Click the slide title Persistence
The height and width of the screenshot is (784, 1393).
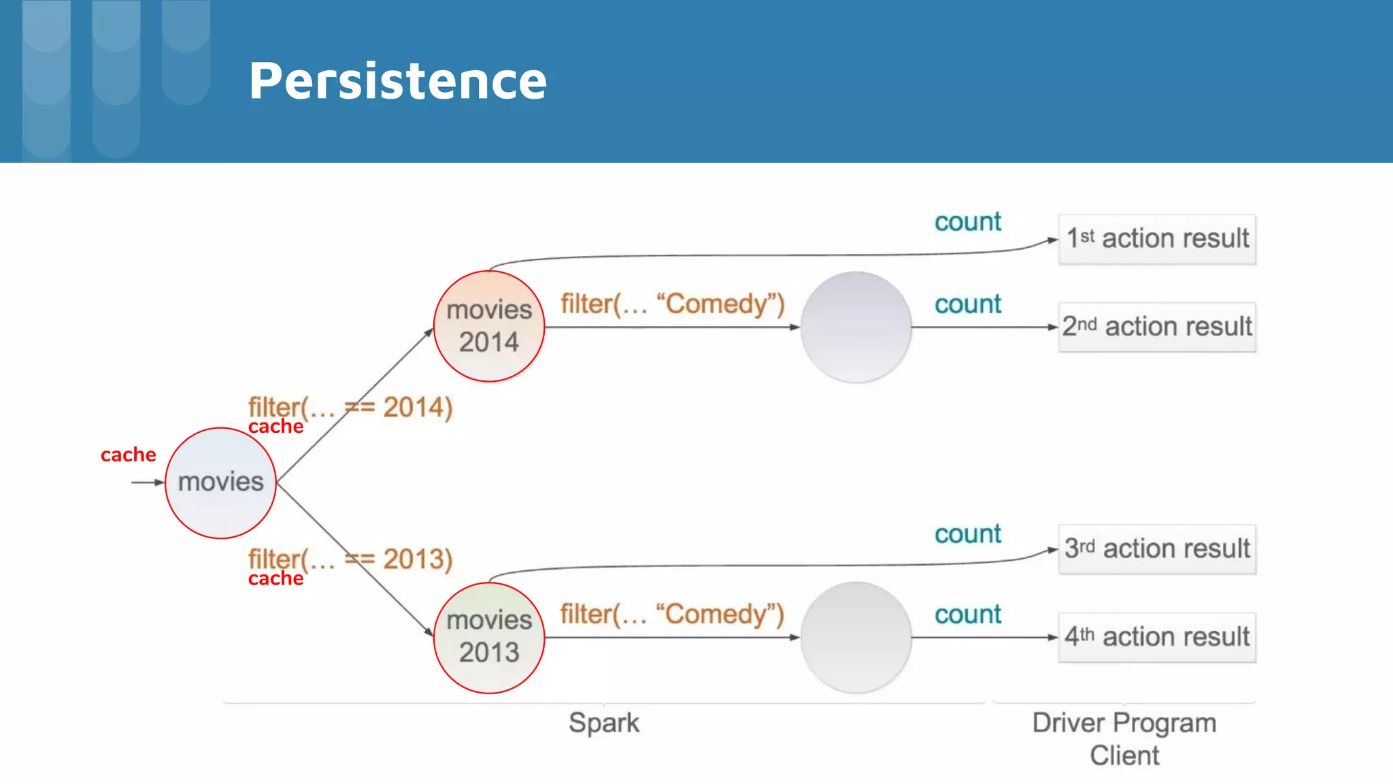coord(398,81)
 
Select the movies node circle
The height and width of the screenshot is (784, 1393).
coord(220,483)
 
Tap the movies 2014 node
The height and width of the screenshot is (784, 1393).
coord(489,326)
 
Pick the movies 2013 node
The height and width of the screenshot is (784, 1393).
coord(489,637)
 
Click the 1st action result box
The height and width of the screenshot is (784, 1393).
coord(1157,239)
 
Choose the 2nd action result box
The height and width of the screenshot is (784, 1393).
coord(1157,327)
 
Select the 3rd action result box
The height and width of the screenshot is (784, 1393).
coord(1157,549)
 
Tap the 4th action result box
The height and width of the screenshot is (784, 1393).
coord(1157,637)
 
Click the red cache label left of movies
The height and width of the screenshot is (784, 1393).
coord(128,455)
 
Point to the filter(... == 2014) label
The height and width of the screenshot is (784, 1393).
coord(350,408)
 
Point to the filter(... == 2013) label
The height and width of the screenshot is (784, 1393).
coord(350,559)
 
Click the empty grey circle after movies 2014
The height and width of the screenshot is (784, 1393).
coord(856,327)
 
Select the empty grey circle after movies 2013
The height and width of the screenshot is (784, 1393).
coord(856,637)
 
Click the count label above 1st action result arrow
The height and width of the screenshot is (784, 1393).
coord(967,222)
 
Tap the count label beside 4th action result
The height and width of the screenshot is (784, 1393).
coord(967,615)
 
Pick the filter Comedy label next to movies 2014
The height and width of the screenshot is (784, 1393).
coord(672,304)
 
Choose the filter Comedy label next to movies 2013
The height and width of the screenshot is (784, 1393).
coord(672,614)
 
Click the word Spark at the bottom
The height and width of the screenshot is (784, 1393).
coord(604,723)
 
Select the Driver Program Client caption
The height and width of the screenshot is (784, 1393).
coord(1124,739)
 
